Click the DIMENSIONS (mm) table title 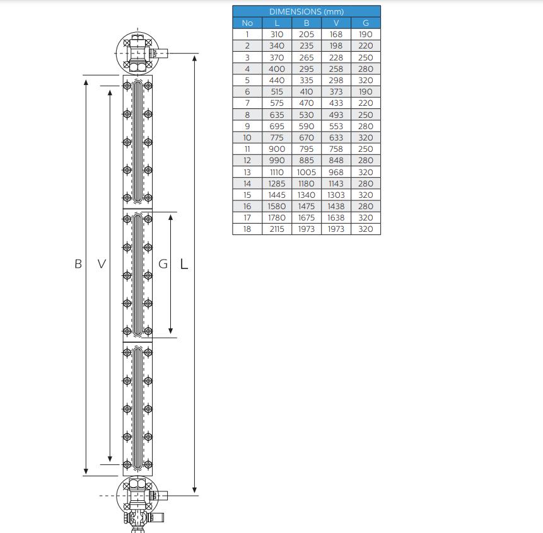tap(307, 11)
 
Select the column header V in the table tap(336, 23)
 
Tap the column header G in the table tap(366, 23)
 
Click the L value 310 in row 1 tap(277, 34)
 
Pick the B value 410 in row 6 tap(307, 91)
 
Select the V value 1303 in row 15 tap(336, 195)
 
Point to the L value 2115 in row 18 tap(277, 229)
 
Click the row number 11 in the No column tap(247, 149)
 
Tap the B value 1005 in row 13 tap(307, 172)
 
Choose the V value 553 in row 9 tap(336, 126)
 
